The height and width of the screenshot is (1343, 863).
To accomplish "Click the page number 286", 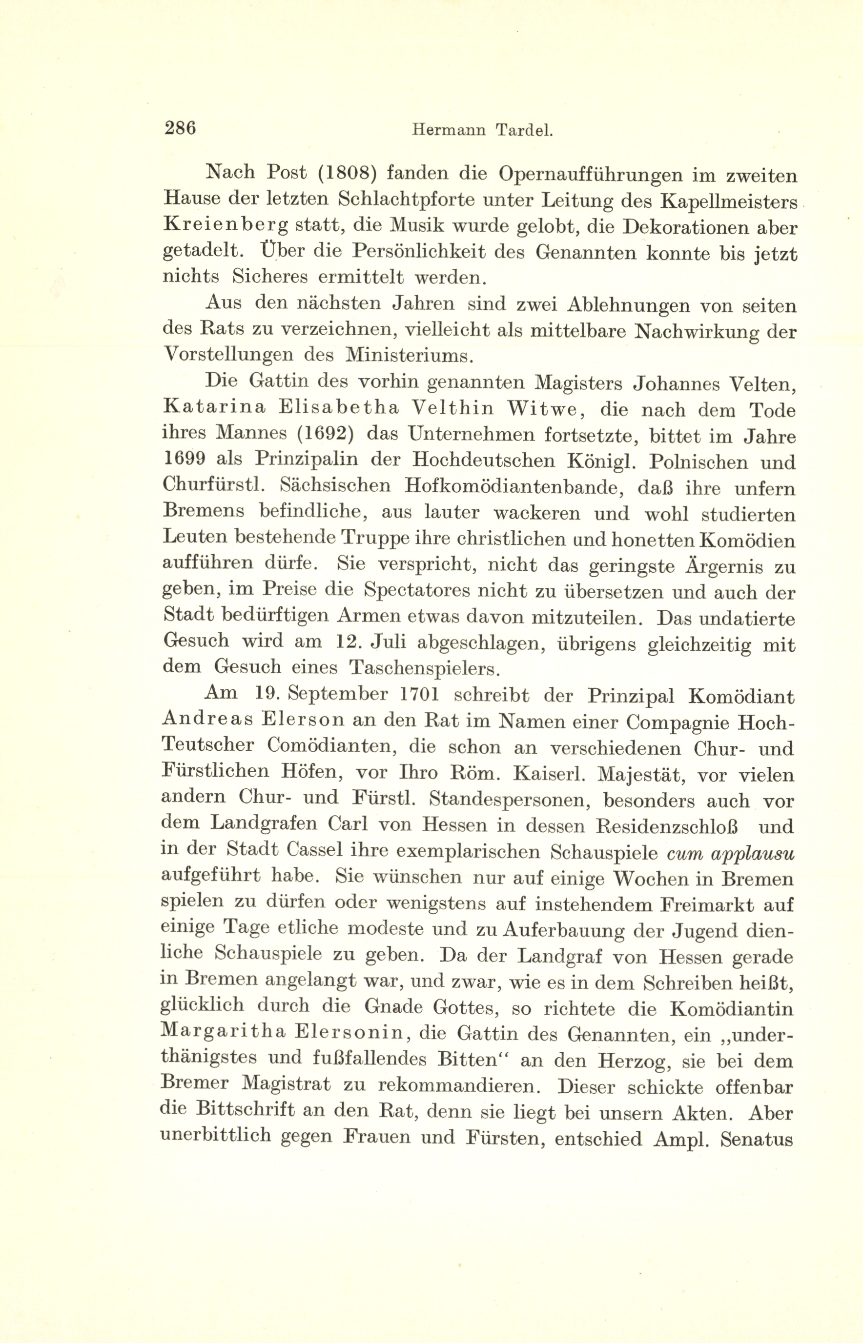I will point(180,128).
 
